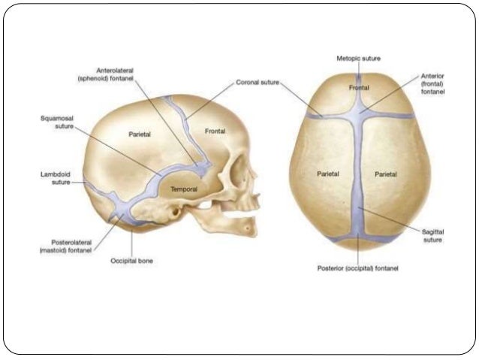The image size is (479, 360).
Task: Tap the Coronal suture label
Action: pos(258,83)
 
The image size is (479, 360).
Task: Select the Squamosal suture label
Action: pos(56,123)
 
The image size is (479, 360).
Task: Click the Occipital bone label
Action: pos(131,261)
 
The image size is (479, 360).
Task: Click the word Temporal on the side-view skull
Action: pos(184,189)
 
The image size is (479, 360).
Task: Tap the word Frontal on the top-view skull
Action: pos(359,88)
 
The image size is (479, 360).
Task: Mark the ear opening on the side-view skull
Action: pos(174,213)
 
